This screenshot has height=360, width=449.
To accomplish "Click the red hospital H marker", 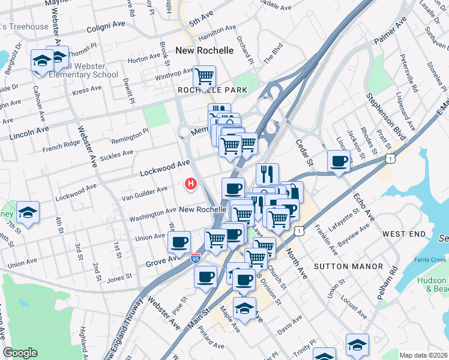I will (x=191, y=183).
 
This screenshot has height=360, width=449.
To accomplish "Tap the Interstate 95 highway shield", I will (x=196, y=259).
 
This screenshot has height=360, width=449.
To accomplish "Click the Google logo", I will (x=20, y=353).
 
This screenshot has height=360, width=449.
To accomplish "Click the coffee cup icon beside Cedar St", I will (x=340, y=161).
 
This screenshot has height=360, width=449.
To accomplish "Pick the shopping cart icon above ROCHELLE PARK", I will (x=204, y=76).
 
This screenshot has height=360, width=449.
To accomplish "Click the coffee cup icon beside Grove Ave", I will (x=179, y=242).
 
